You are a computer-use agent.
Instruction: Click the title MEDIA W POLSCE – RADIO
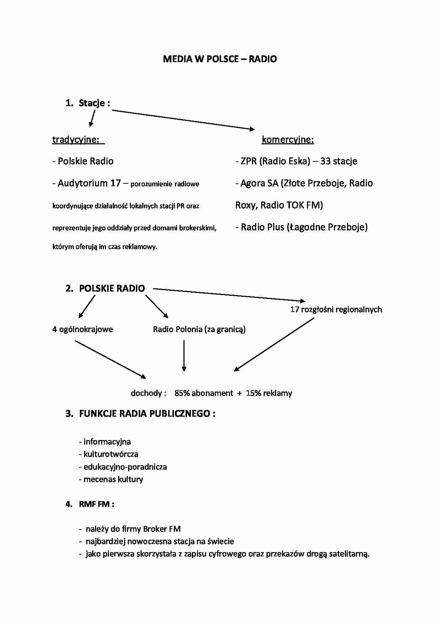coord(220,59)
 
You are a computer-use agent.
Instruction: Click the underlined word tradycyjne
coord(76,139)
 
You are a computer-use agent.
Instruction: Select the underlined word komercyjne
coord(288,140)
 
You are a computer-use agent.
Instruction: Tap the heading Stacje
coord(92,103)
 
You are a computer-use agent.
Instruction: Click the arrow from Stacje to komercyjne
coord(183,120)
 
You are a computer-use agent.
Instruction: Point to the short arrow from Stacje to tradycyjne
coord(92,118)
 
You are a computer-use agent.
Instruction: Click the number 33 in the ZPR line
coord(325,161)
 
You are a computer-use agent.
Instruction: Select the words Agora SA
coord(259,183)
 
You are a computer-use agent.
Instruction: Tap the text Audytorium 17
coord(89,183)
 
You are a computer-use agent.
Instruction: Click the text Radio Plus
coord(262,227)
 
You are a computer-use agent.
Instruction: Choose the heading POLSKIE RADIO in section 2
coord(112,288)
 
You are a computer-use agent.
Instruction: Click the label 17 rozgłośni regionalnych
coord(336,310)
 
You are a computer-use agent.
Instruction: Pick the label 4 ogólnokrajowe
coord(83,329)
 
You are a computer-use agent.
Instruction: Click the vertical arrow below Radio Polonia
coord(184,356)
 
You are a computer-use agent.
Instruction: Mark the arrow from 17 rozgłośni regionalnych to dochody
coord(274,344)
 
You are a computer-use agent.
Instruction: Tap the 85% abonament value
coord(204,393)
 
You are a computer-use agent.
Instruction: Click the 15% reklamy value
coord(269,393)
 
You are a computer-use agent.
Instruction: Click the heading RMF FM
coord(95,504)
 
